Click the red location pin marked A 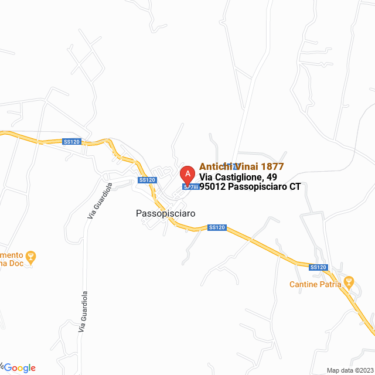pyautogui.click(x=187, y=175)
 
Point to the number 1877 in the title pyautogui.click(x=272, y=166)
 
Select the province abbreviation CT pyautogui.click(x=295, y=187)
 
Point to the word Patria pyautogui.click(x=331, y=285)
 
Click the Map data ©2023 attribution pyautogui.click(x=349, y=370)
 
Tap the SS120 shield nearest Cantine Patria pyautogui.click(x=318, y=267)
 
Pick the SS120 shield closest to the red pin pyautogui.click(x=147, y=180)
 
